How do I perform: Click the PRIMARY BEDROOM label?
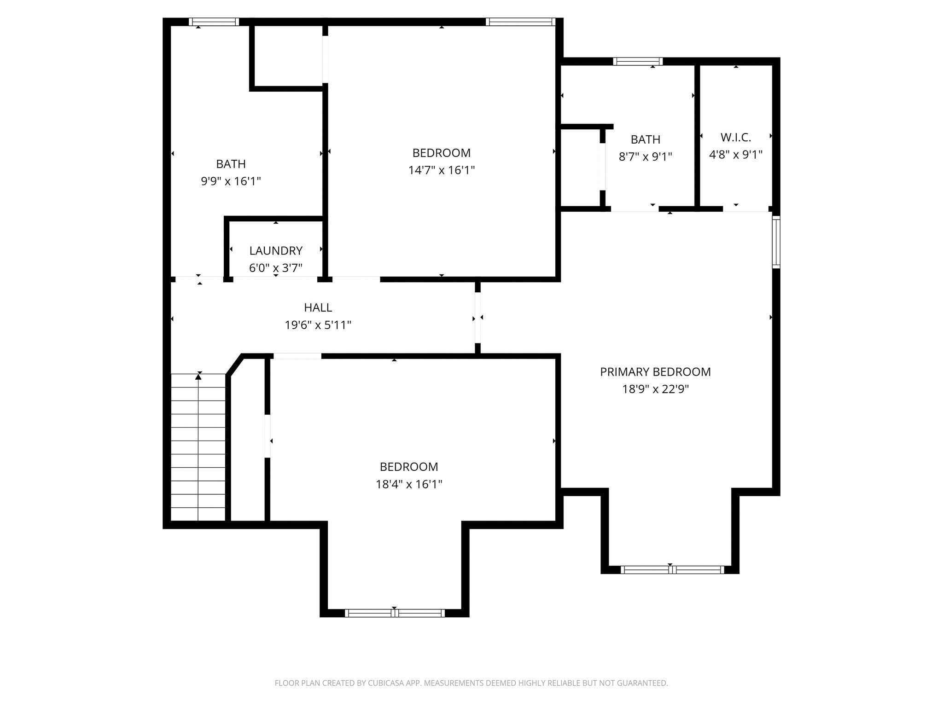point(655,372)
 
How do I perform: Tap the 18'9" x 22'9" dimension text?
point(655,389)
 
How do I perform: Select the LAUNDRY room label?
point(275,251)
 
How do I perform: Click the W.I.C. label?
point(735,137)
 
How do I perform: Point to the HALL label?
point(318,307)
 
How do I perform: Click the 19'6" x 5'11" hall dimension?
point(318,325)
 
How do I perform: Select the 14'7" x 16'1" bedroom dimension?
point(441,170)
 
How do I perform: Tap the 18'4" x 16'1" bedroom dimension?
point(408,484)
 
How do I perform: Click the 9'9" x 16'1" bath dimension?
point(231,181)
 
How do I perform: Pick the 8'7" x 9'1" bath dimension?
point(645,157)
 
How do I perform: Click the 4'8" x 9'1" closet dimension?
point(735,155)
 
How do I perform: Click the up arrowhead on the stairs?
point(198,377)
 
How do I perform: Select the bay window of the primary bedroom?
point(672,570)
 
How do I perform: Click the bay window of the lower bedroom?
point(395,613)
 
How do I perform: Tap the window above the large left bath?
point(214,22)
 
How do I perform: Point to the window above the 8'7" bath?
point(638,61)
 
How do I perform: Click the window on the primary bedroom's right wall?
point(776,242)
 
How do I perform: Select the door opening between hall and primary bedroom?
point(477,318)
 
